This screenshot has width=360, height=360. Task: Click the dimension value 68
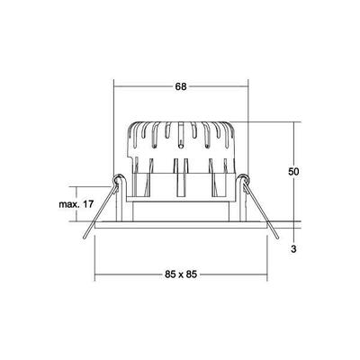(180, 87)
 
